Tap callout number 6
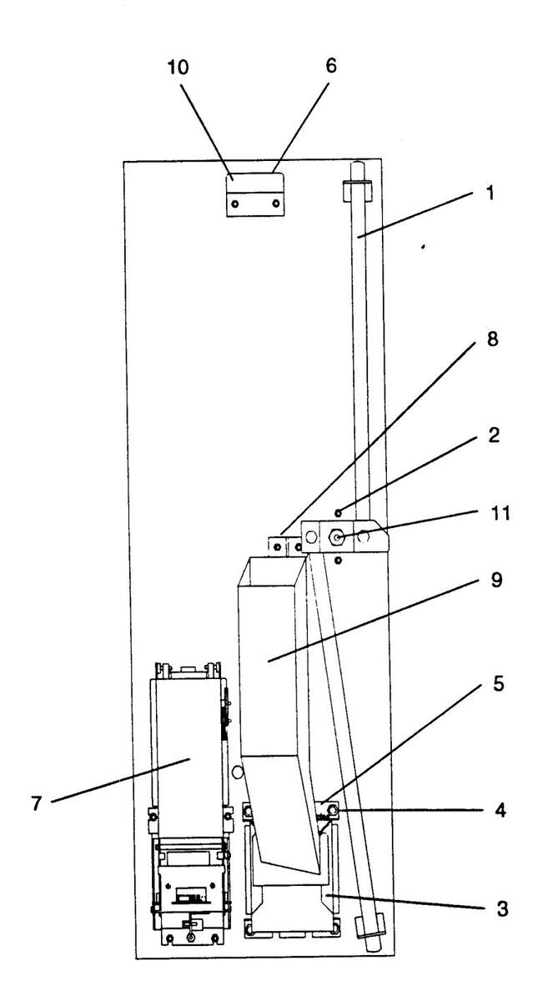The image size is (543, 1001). click(330, 67)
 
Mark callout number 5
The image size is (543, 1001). click(498, 683)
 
